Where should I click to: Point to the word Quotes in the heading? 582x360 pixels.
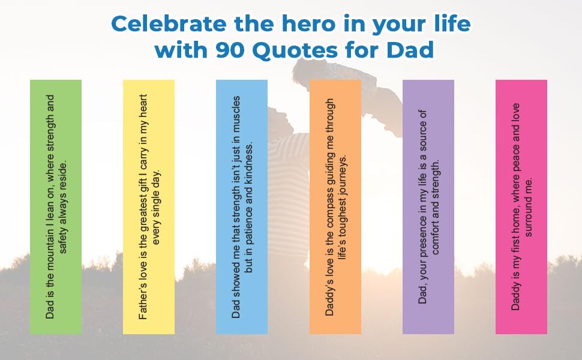(291, 50)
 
